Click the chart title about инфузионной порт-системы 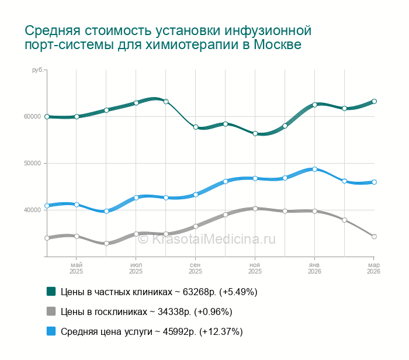(168, 37)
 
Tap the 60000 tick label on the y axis (33, 116)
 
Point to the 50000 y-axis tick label (33, 163)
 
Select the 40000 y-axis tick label (33, 210)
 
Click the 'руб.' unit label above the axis (37, 70)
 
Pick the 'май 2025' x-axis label (77, 268)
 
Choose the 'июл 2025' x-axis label (136, 268)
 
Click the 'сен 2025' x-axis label (196, 268)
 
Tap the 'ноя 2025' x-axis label (255, 268)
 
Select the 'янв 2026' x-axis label (314, 268)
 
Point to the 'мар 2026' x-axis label (373, 268)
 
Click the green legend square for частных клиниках (51, 291)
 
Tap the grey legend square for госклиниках (51, 311)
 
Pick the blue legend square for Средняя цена (51, 331)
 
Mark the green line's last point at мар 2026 (374, 101)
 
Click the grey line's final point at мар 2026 (374, 237)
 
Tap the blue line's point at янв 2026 (314, 169)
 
